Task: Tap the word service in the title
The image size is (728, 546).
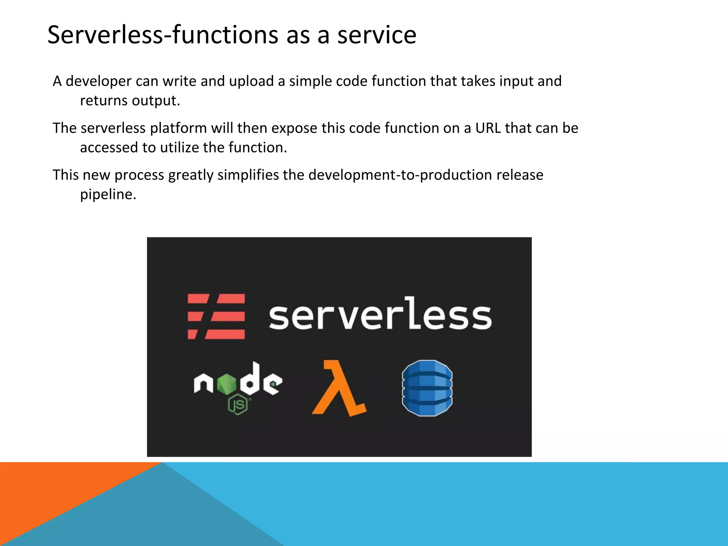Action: [376, 35]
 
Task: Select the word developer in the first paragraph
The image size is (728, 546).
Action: [98, 81]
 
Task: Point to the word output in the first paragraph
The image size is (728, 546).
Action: [156, 101]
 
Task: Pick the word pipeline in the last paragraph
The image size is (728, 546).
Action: [108, 194]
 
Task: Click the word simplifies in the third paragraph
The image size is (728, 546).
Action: [248, 175]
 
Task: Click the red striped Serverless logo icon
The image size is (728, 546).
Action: [216, 316]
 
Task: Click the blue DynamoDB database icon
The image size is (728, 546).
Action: [427, 388]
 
